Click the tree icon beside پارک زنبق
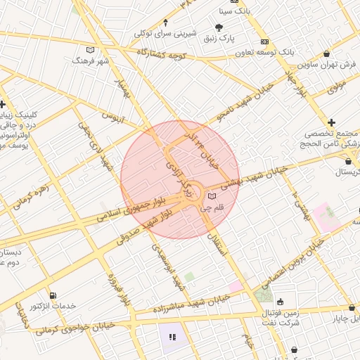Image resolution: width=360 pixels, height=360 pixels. pyautogui.click(x=219, y=27)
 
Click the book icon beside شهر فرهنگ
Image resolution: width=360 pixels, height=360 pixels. pyautogui.click(x=89, y=50)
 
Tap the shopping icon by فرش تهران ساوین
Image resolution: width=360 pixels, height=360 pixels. pyautogui.click(x=328, y=54)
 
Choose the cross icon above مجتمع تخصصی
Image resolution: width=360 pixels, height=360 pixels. pyautogui.click(x=331, y=123)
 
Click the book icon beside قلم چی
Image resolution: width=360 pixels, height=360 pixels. pyautogui.click(x=212, y=196)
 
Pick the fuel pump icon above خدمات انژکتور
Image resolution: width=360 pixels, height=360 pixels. pyautogui.click(x=53, y=295)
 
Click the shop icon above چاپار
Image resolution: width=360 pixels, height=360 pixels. pyautogui.click(x=351, y=308)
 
